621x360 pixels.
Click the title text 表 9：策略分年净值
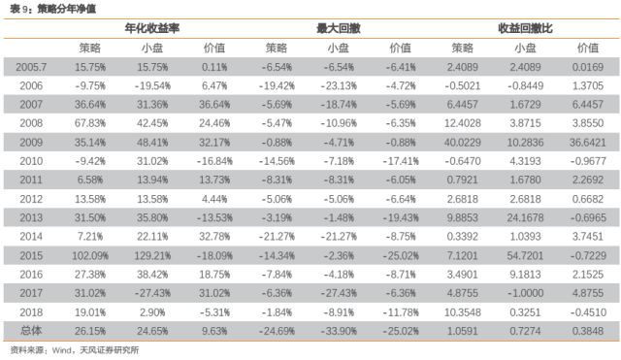(42, 8)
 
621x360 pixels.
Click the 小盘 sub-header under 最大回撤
(338, 47)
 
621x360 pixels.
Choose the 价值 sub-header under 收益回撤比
(587, 47)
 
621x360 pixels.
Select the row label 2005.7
(32, 67)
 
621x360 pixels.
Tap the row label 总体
(32, 331)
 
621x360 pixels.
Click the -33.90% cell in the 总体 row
(338, 331)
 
